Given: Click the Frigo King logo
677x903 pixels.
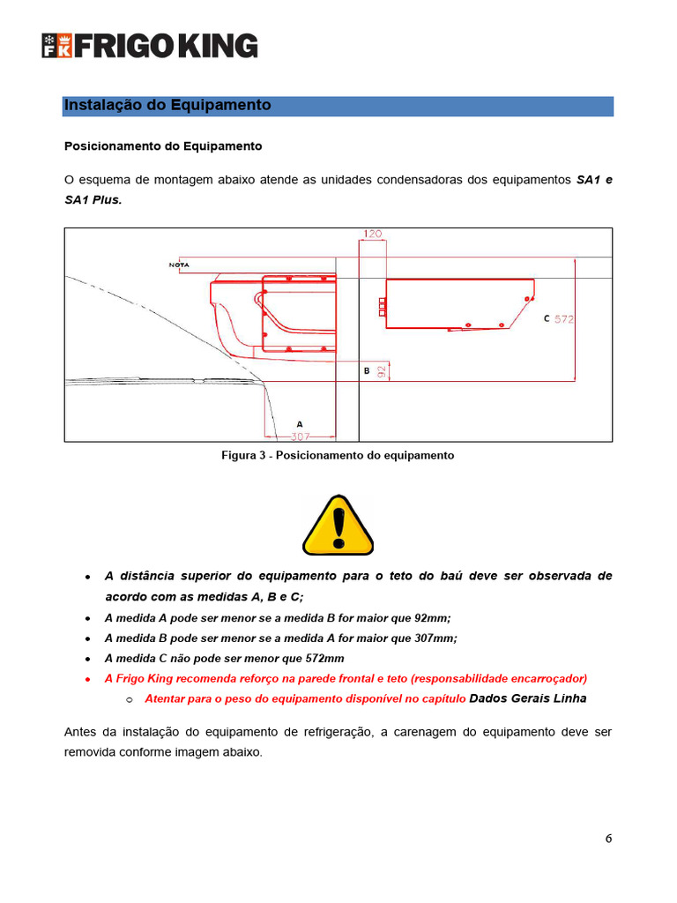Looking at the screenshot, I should pyautogui.click(x=150, y=46).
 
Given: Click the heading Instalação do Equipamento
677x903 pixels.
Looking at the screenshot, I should pyautogui.click(x=167, y=106).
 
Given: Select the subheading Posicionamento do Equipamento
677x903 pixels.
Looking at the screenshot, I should pyautogui.click(x=163, y=146).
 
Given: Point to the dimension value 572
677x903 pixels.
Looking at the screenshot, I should pyautogui.click(x=564, y=319).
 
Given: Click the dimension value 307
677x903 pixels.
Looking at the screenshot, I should pyautogui.click(x=301, y=436).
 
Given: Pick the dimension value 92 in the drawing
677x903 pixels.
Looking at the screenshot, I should pyautogui.click(x=382, y=372).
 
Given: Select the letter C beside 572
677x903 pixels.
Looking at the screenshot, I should pyautogui.click(x=547, y=318).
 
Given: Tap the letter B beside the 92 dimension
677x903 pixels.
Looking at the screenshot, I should pyautogui.click(x=367, y=371).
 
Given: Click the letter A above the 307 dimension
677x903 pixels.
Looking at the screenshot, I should pyautogui.click(x=300, y=424).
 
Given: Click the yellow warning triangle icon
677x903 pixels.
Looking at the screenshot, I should pyautogui.click(x=338, y=526).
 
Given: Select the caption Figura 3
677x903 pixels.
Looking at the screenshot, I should pyautogui.click(x=337, y=456).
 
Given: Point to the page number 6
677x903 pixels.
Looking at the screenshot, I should pyautogui.click(x=608, y=838).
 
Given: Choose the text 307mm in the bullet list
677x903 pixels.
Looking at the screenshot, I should pyautogui.click(x=434, y=638).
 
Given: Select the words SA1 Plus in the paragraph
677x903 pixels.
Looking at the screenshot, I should pyautogui.click(x=93, y=200).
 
